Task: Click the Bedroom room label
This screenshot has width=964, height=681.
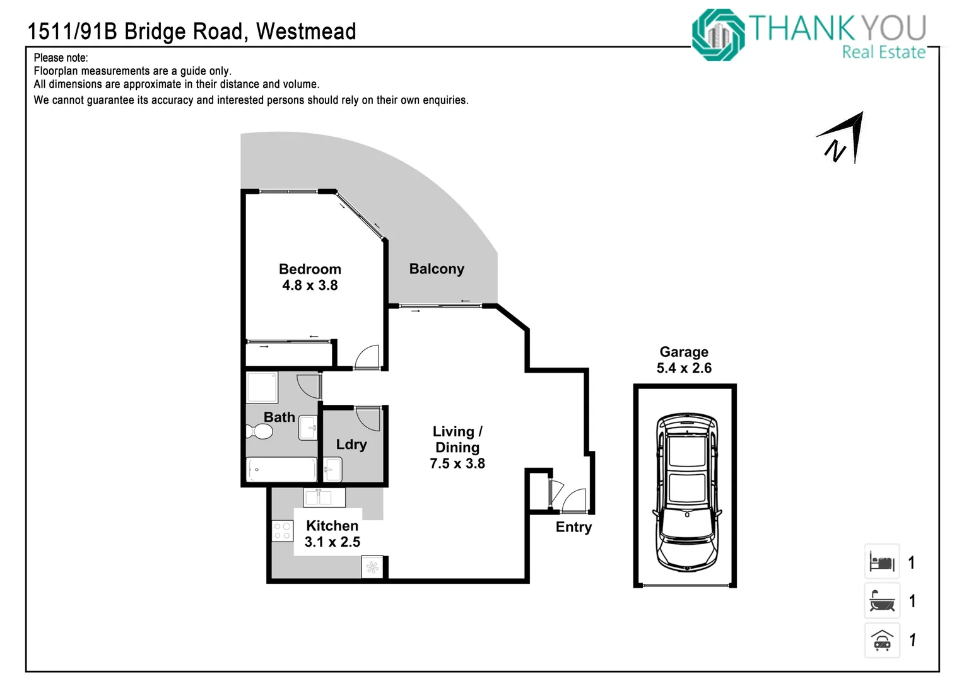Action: pyautogui.click(x=310, y=269)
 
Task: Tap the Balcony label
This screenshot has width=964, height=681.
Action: pyautogui.click(x=437, y=269)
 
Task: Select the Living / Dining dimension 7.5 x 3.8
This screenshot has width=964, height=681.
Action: pyautogui.click(x=457, y=463)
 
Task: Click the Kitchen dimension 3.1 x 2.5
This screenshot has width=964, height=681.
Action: pyautogui.click(x=332, y=542)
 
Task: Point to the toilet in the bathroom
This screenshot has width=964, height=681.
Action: pyautogui.click(x=259, y=431)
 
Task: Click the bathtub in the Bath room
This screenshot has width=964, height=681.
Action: pyautogui.click(x=281, y=469)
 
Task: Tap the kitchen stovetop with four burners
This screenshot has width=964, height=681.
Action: pyautogui.click(x=282, y=530)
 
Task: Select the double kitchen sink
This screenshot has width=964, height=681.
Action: pyautogui.click(x=324, y=498)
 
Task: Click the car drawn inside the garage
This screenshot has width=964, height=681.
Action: pyautogui.click(x=687, y=492)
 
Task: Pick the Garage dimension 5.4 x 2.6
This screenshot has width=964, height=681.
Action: pyautogui.click(x=684, y=368)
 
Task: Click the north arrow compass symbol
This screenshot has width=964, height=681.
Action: pyautogui.click(x=842, y=137)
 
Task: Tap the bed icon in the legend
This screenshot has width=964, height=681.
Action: pyautogui.click(x=882, y=561)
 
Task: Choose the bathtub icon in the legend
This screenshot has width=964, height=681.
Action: pyautogui.click(x=882, y=600)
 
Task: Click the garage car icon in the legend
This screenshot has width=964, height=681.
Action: pyautogui.click(x=882, y=640)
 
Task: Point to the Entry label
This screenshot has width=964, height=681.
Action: pyautogui.click(x=573, y=527)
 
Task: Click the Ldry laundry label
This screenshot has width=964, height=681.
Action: pyautogui.click(x=351, y=445)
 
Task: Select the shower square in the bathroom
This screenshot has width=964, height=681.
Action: pyautogui.click(x=262, y=388)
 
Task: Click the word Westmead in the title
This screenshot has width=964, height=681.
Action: pyautogui.click(x=306, y=32)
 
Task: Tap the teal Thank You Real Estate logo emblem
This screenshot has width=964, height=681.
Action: pyautogui.click(x=718, y=35)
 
